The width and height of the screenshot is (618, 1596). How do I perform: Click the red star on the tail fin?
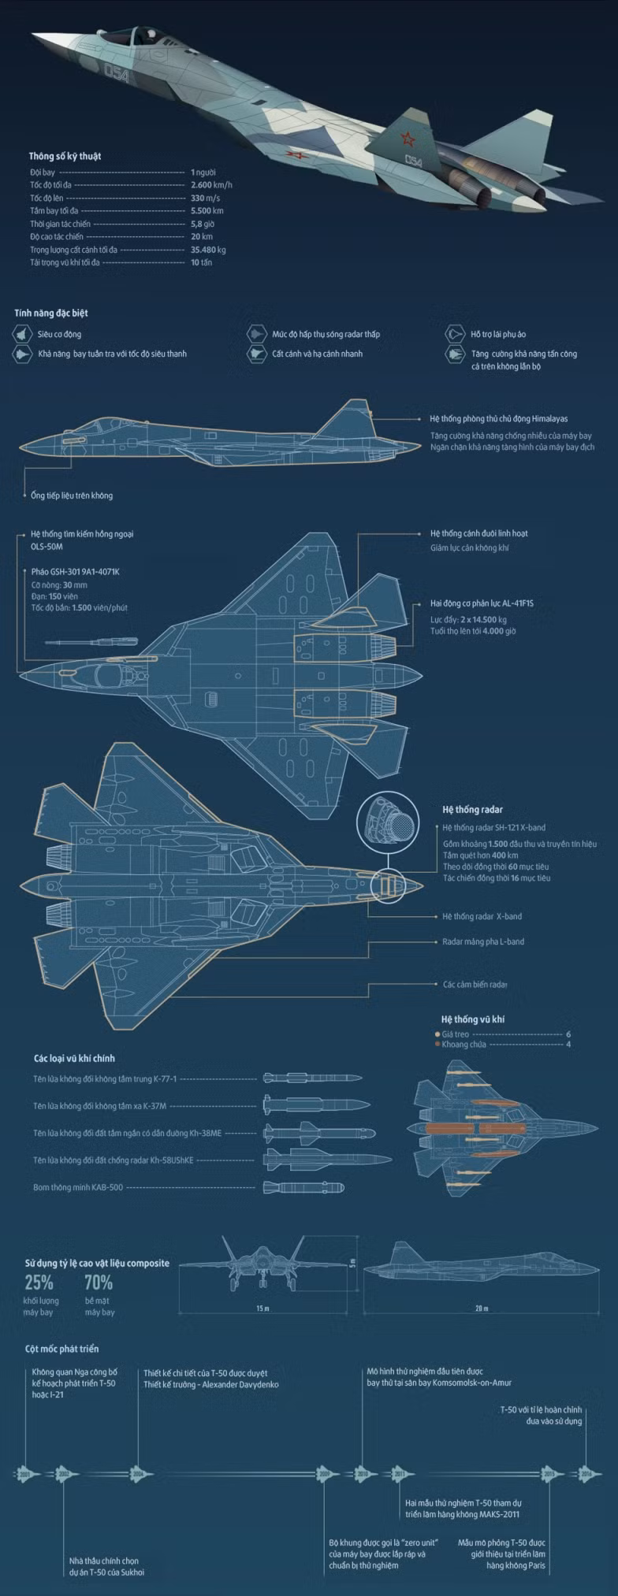pyautogui.click(x=408, y=139)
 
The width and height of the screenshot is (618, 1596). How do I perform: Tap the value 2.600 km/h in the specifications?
pyautogui.click(x=211, y=185)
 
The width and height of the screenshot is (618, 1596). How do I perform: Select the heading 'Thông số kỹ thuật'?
pyautogui.click(x=65, y=156)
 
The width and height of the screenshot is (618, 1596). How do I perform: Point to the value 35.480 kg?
pyautogui.click(x=208, y=250)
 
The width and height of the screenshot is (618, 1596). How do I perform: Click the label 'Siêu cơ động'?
pyautogui.click(x=59, y=334)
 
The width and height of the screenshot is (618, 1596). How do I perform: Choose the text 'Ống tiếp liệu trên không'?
pyautogui.click(x=72, y=496)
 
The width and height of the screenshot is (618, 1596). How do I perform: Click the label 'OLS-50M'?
pyautogui.click(x=47, y=547)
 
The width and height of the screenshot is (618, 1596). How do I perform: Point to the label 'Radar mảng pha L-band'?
pyautogui.click(x=483, y=941)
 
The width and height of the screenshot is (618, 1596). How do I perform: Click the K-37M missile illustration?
pyautogui.click(x=316, y=1104)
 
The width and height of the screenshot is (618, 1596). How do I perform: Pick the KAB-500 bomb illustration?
pyautogui.click(x=303, y=1187)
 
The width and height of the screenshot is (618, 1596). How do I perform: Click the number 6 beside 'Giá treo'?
pyautogui.click(x=568, y=1034)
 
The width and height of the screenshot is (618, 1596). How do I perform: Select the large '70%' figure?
pyautogui.click(x=99, y=1282)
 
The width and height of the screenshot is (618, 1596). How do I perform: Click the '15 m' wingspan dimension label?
pyautogui.click(x=262, y=1308)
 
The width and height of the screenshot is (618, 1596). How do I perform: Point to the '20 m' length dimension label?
pyautogui.click(x=482, y=1308)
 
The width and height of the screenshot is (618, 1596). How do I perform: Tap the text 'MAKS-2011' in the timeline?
pyautogui.click(x=500, y=1514)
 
